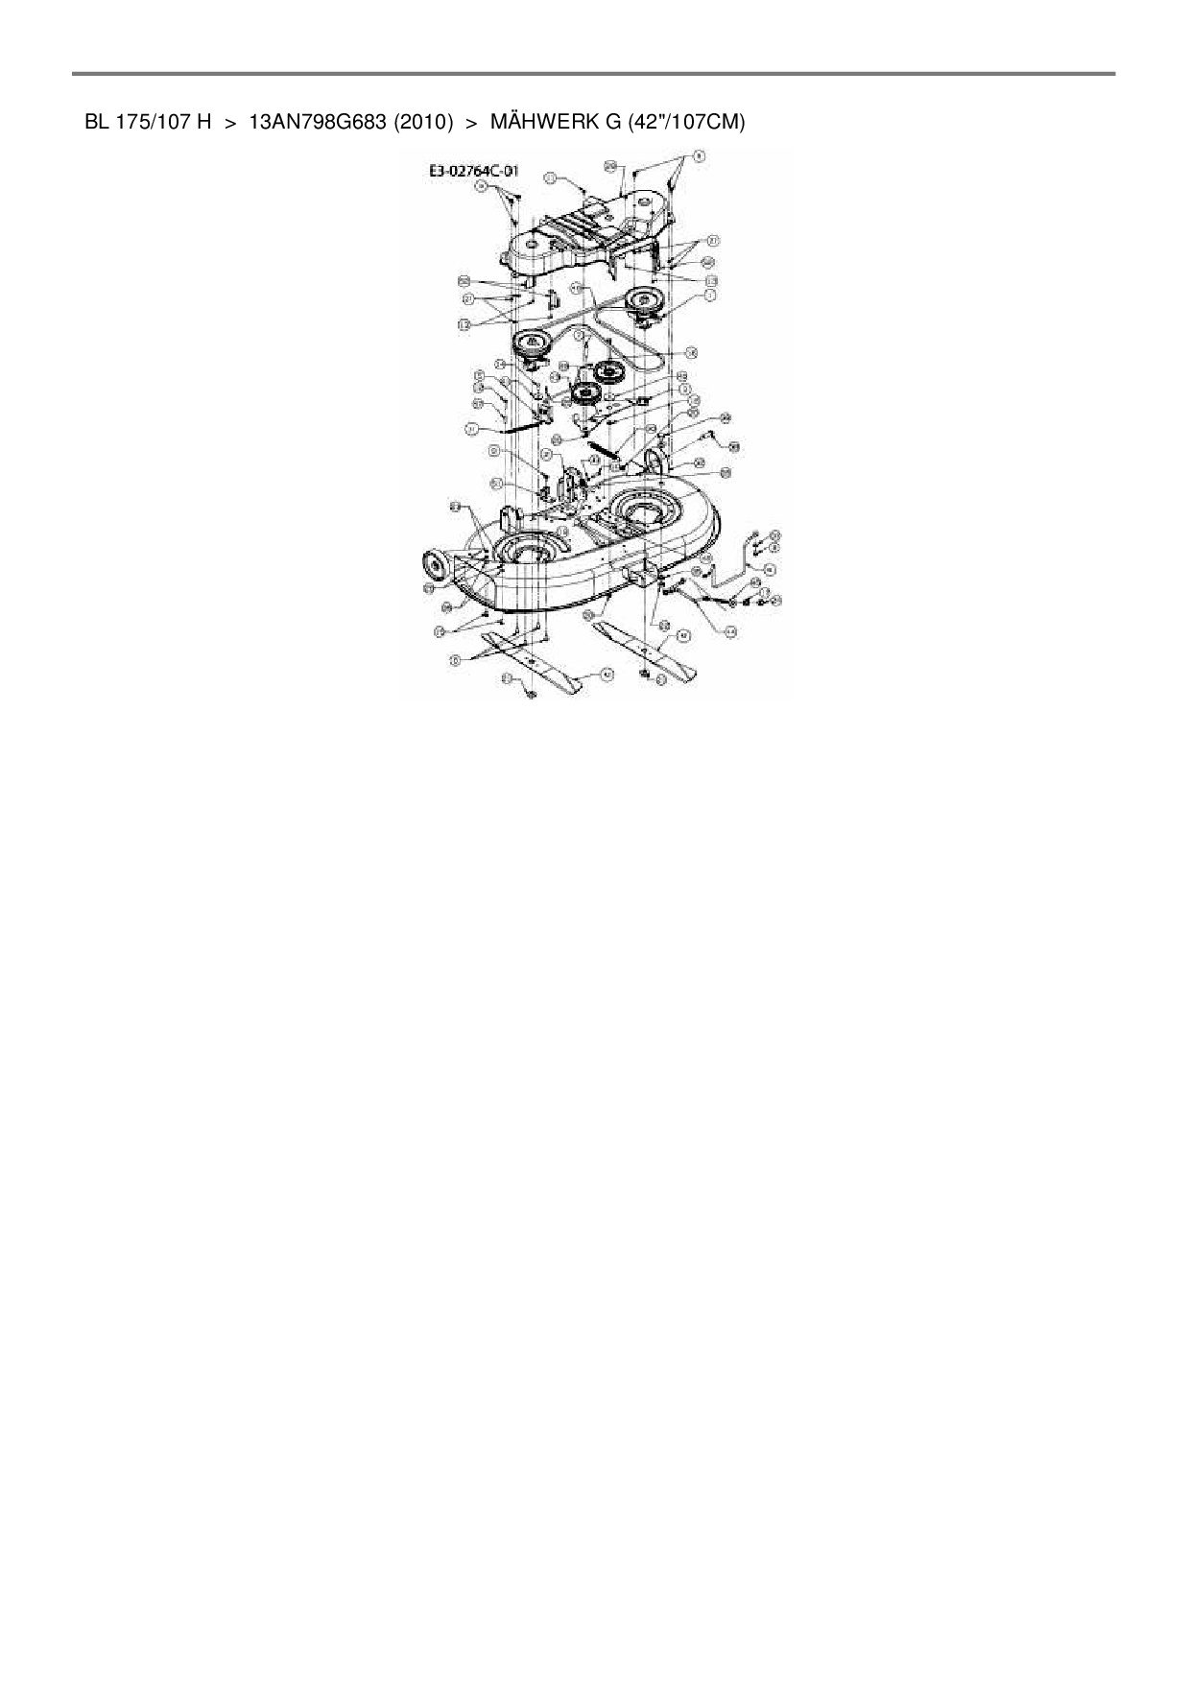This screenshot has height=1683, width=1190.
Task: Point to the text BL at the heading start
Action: pyautogui.click(x=96, y=123)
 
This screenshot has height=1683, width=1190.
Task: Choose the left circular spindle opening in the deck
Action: pyautogui.click(x=526, y=555)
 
